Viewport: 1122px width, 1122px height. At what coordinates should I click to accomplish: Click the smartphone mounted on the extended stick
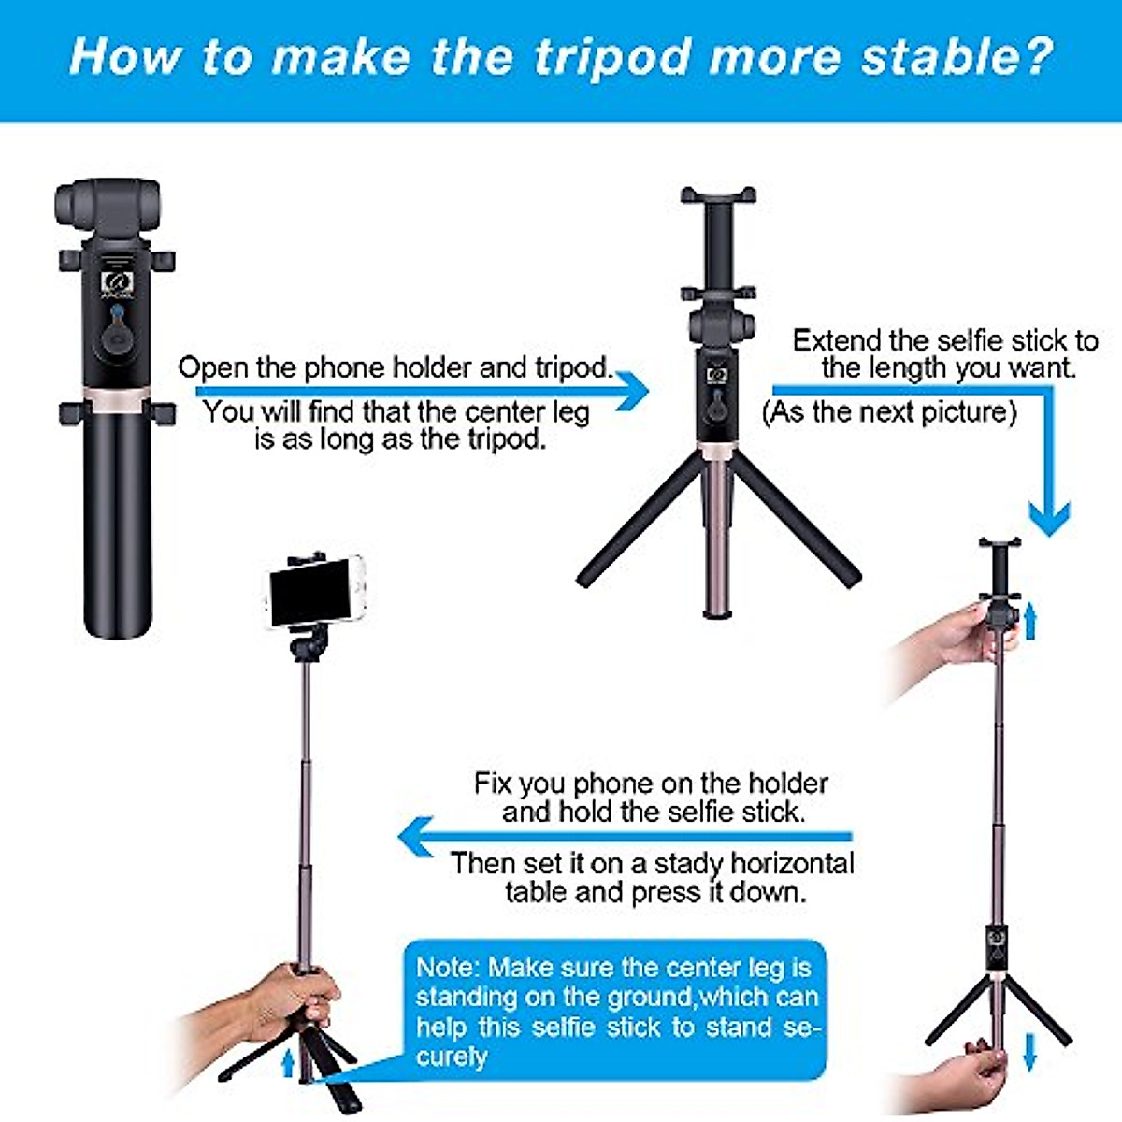(316, 591)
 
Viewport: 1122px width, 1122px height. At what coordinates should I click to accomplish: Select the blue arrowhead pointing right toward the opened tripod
(633, 390)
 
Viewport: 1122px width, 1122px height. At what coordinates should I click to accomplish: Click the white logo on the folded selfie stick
(117, 281)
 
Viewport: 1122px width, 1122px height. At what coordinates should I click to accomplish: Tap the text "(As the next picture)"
(888, 411)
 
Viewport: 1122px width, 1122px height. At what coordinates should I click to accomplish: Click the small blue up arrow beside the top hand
(1030, 621)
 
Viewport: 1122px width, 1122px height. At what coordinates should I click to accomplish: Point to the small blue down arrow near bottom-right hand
(1029, 1051)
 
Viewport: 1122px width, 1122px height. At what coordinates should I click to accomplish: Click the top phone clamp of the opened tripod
(718, 196)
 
